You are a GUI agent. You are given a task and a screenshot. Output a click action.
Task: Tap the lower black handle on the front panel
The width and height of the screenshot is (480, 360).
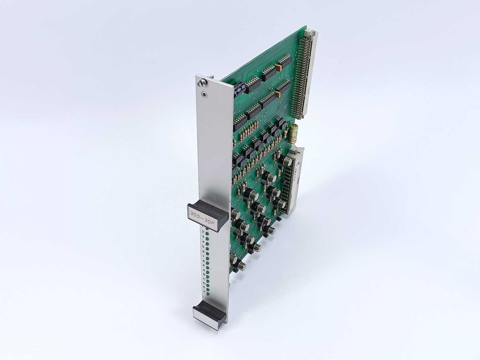209,312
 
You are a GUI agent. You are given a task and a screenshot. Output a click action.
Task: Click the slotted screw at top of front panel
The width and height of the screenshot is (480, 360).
203,83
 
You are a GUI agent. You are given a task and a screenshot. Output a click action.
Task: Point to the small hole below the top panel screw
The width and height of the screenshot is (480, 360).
204,94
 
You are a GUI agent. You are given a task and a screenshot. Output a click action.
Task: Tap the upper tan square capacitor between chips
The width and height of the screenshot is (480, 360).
279,68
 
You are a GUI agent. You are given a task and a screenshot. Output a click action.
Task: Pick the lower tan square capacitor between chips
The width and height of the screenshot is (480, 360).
278,94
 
